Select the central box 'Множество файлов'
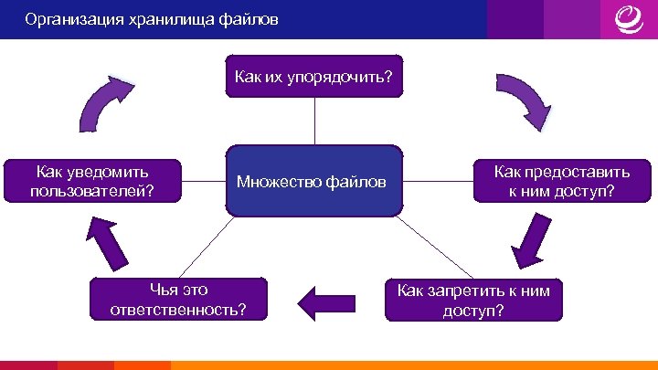[x=314, y=181]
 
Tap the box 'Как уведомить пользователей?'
[x=91, y=181]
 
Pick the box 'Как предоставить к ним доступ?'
[x=561, y=181]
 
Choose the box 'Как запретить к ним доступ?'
[x=473, y=300]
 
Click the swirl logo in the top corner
[x=628, y=18]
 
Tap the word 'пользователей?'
[x=91, y=191]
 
